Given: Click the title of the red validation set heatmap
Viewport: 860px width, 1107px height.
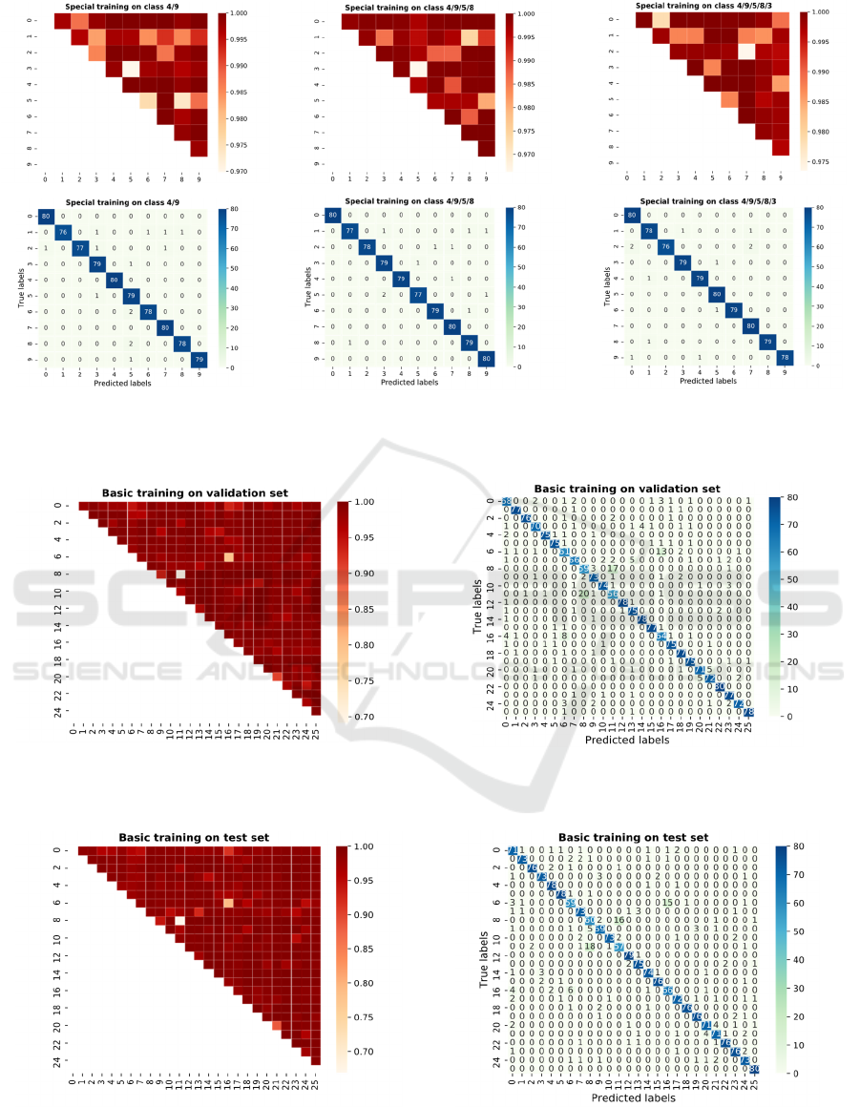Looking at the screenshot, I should point(196,492).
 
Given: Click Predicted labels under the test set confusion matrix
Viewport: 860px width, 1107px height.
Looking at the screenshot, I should point(631,1097).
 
